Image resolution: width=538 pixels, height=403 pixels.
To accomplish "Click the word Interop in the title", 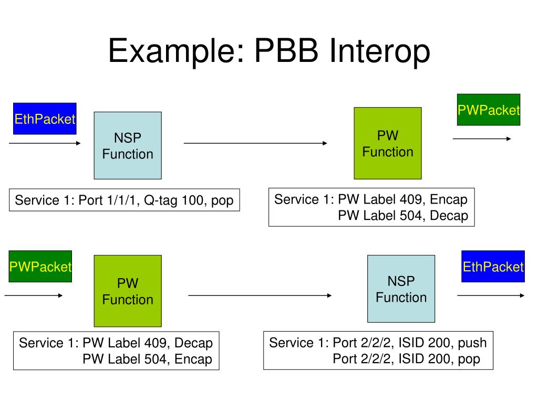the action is point(380,51).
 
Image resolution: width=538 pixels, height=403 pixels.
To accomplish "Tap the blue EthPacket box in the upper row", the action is point(45,119).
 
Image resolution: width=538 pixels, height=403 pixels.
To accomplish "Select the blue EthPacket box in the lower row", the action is point(493,266).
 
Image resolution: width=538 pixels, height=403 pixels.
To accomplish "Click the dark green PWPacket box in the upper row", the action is point(489,110).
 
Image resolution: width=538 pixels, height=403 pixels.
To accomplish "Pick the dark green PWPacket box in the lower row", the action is point(40,266).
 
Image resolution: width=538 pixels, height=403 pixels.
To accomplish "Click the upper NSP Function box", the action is point(128,145).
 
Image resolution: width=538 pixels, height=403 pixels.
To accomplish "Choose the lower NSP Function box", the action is point(401,289).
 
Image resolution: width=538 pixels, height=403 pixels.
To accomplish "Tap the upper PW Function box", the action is point(388,143).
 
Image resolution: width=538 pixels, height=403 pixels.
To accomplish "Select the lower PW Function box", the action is point(128,291).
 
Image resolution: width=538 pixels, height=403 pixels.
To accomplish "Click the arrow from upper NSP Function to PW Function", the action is point(256,143).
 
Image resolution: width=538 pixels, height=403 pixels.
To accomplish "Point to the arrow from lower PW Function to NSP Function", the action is point(260,295).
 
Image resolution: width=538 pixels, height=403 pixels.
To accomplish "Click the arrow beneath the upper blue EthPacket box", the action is point(45,143).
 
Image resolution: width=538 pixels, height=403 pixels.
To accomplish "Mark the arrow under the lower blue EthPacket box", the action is point(491,295).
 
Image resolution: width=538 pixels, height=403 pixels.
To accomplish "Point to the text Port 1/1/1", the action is point(108,200).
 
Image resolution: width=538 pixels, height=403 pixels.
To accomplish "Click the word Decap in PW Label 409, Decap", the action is point(193,343).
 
